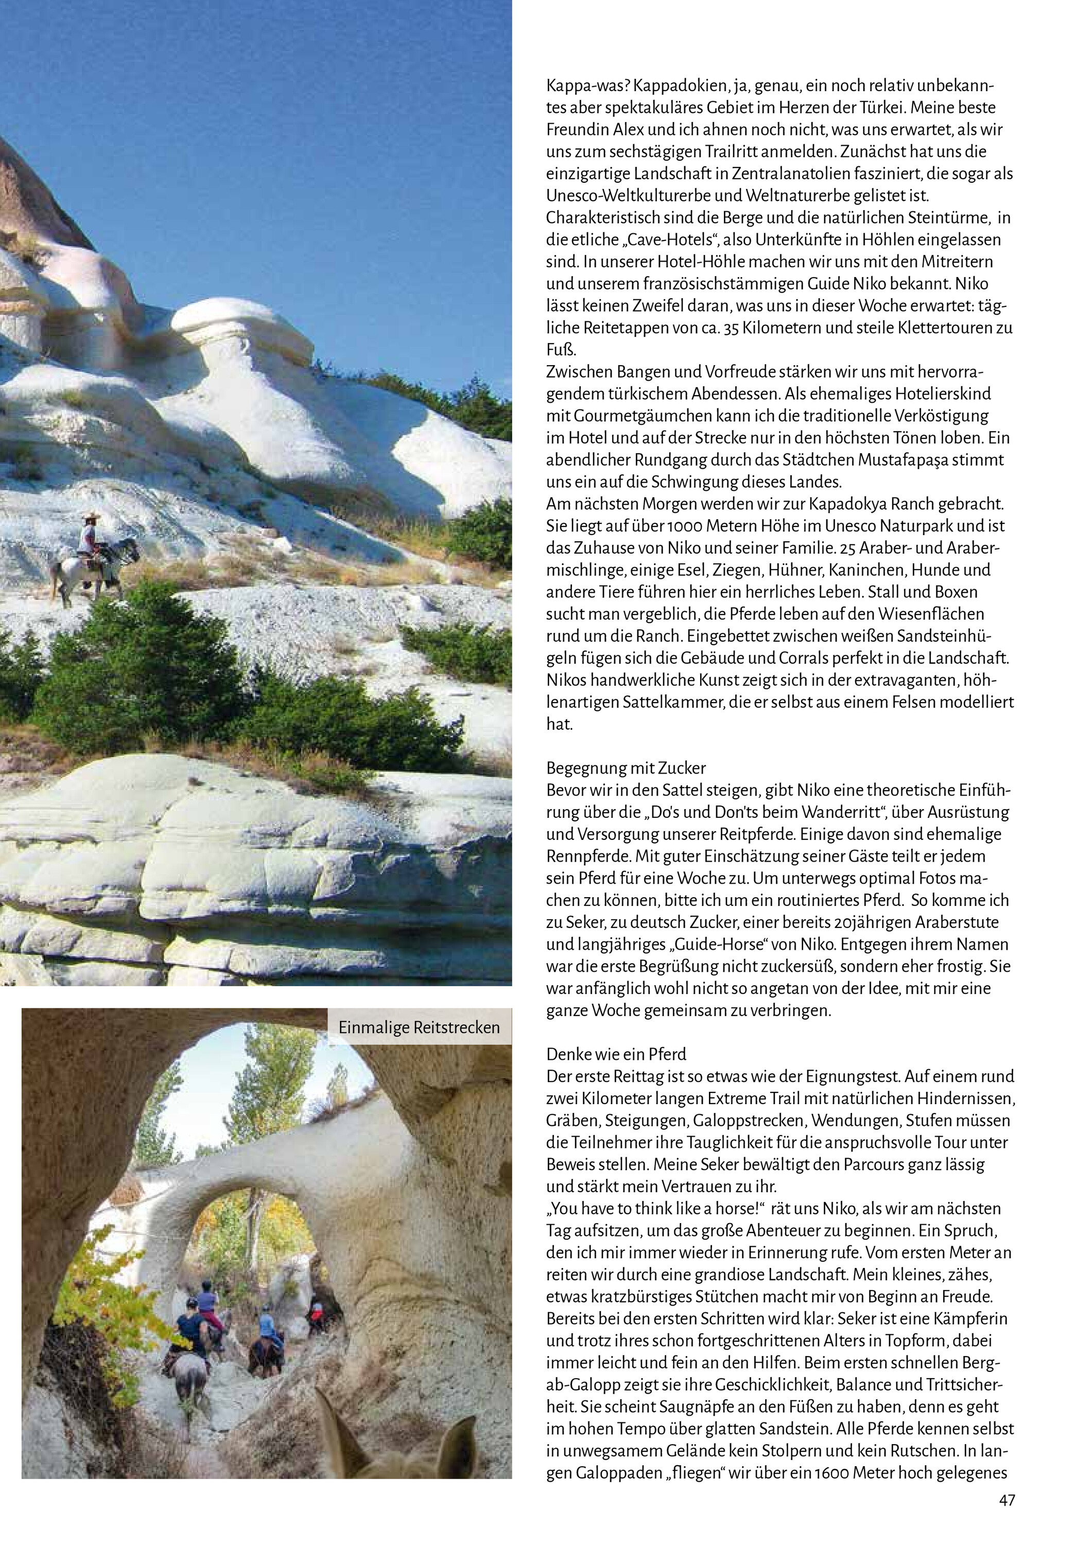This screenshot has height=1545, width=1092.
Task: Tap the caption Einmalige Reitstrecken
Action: click(419, 1027)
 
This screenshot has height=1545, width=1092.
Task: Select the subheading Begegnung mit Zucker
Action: click(626, 768)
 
